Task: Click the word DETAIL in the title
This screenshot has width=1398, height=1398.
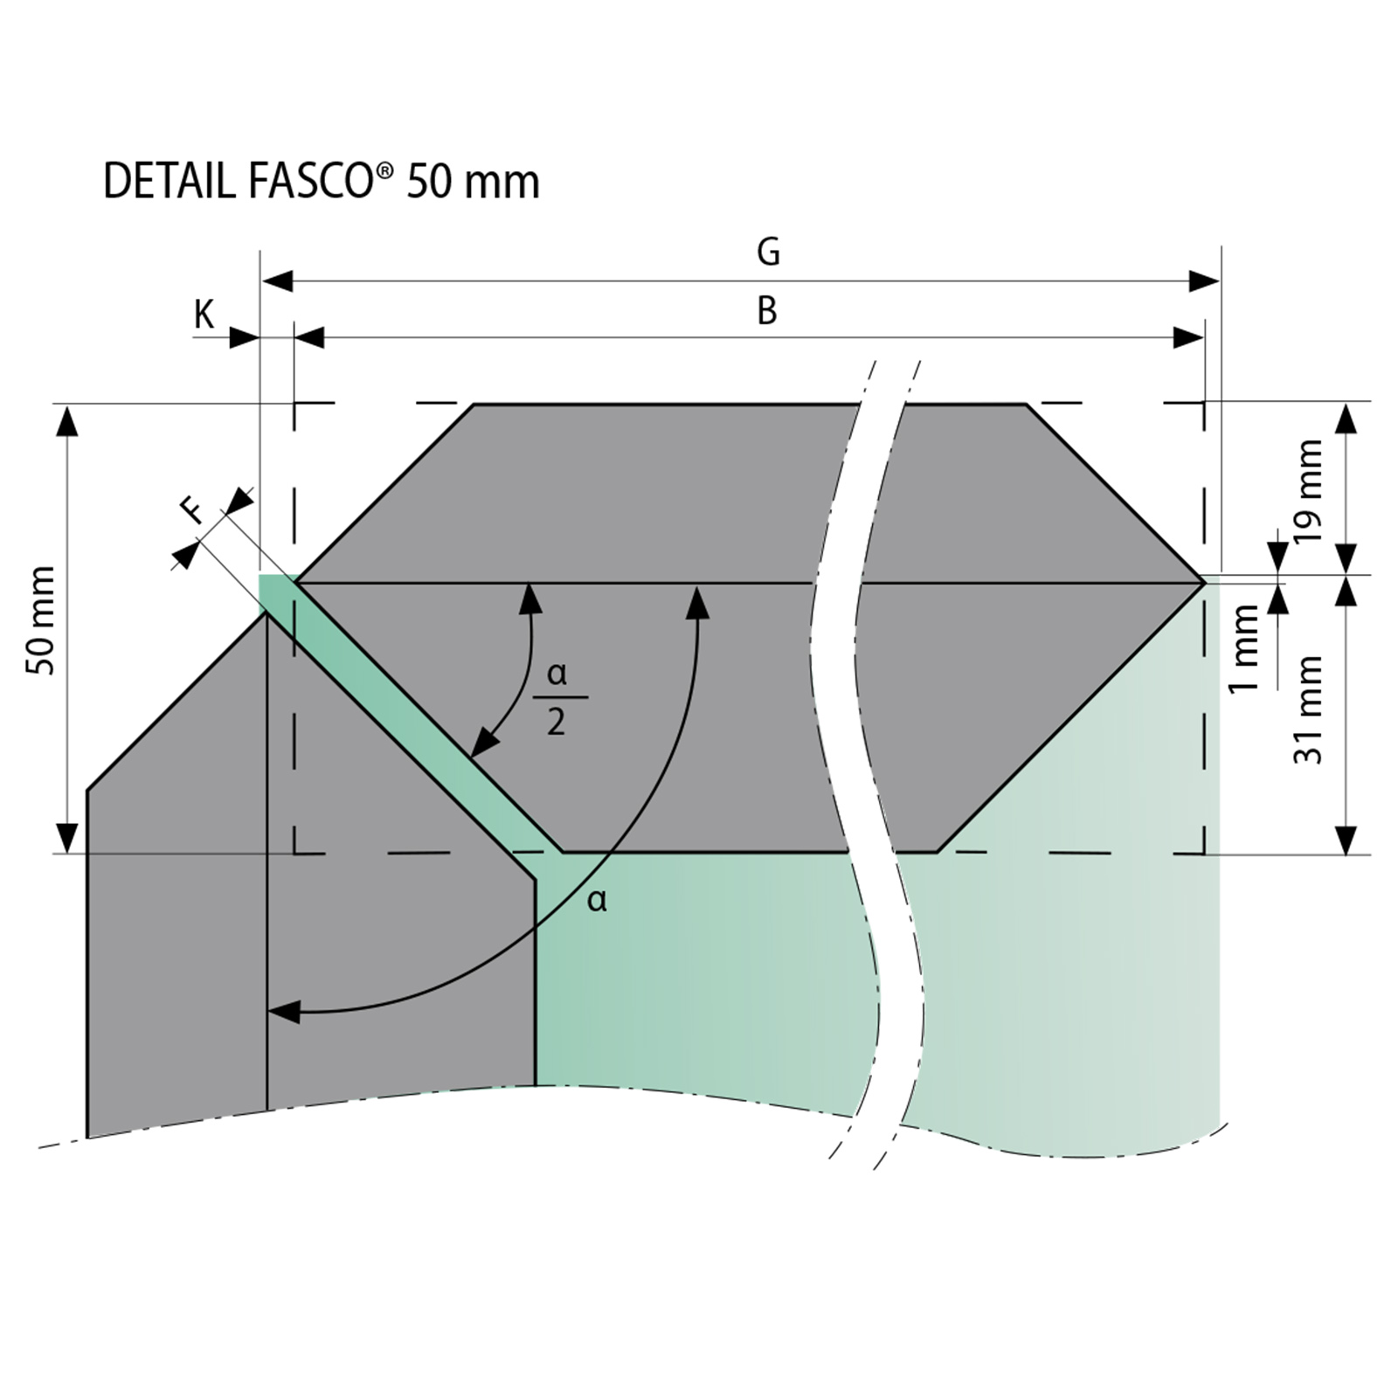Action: [x=170, y=182]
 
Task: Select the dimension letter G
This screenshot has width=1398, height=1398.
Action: [x=768, y=252]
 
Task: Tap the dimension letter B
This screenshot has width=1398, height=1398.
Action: [x=767, y=311]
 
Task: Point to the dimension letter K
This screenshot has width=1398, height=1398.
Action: [x=204, y=315]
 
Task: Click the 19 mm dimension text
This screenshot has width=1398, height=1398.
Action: [x=1308, y=491]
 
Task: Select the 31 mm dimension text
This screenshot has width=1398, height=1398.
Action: [x=1308, y=710]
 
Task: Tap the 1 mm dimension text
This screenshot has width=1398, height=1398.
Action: [x=1245, y=648]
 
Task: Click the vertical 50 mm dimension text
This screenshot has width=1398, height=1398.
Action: [x=41, y=621]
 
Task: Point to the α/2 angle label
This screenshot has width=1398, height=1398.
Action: [x=557, y=698]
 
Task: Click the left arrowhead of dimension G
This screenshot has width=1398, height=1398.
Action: [x=277, y=281]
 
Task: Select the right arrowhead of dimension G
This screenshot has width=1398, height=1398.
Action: [x=1204, y=281]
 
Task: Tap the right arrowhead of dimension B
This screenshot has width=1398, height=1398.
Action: [x=1188, y=337]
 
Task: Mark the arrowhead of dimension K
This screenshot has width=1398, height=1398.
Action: [x=245, y=337]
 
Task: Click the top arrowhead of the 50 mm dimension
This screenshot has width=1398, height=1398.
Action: [x=67, y=420]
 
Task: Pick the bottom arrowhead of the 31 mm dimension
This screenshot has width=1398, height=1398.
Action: [x=1346, y=839]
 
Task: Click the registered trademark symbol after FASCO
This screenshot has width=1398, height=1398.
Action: [x=384, y=172]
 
